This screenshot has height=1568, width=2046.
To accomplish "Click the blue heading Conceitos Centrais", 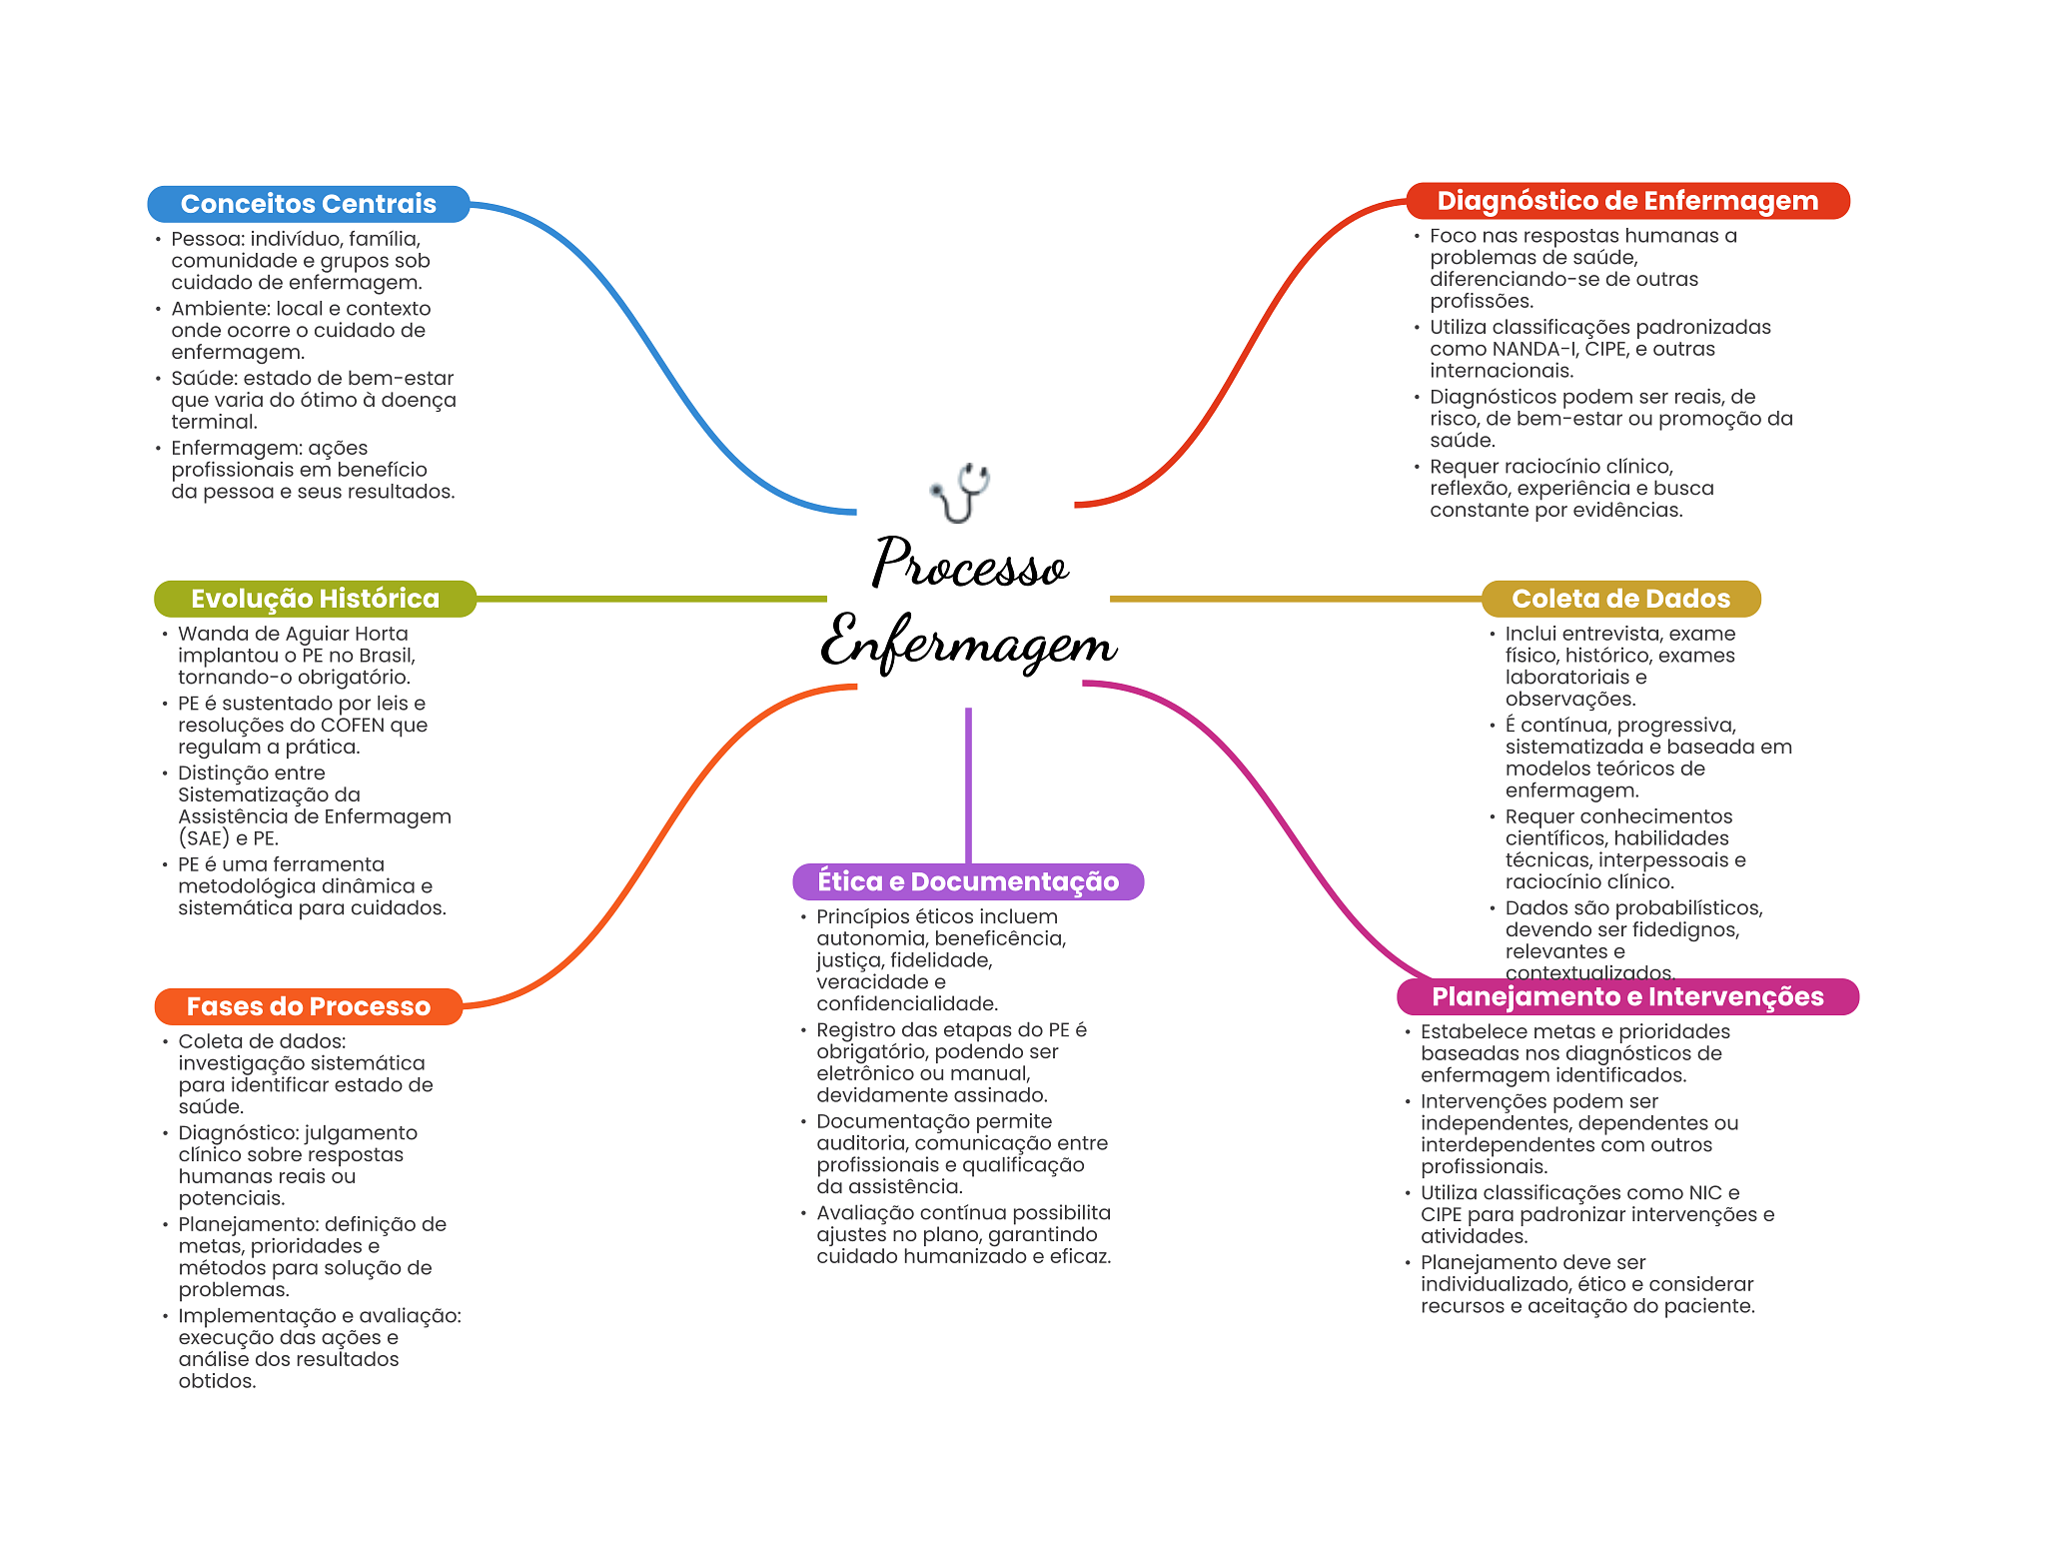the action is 308,204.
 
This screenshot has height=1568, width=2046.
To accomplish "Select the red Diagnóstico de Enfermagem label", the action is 1627,201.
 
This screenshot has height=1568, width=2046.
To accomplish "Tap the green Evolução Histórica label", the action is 315,599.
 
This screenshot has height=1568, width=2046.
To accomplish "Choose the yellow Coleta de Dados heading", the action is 1620,599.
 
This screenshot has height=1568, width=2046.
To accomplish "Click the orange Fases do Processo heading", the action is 309,1006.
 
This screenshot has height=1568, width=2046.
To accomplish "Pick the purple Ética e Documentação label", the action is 968,881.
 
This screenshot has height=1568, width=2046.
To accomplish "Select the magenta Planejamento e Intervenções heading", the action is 1627,996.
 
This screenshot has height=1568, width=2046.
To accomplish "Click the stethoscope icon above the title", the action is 960,492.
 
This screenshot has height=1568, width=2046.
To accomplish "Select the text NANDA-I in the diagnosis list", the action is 1534,349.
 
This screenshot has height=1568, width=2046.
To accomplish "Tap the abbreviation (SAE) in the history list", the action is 204,838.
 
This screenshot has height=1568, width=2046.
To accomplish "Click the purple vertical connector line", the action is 968,785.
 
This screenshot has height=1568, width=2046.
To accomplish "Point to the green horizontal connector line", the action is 651,599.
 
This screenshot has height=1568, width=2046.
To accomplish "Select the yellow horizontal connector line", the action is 1296,599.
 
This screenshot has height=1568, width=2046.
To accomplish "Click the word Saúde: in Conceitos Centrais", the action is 205,378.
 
